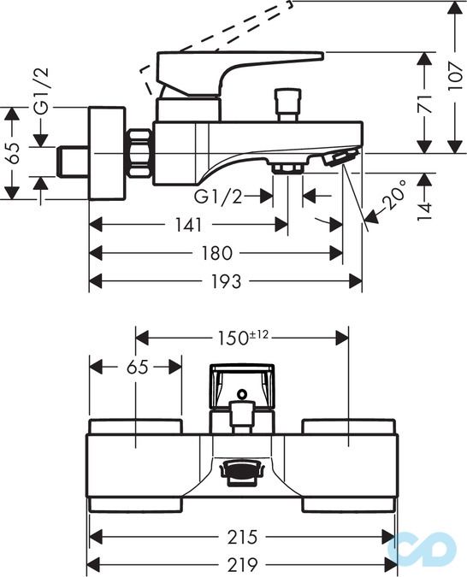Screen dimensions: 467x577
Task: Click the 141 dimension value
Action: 188,225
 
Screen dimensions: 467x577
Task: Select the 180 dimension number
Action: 216,253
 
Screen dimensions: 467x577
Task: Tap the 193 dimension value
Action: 226,281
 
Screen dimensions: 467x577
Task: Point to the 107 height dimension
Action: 456,76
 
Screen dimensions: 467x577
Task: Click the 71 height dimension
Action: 425,103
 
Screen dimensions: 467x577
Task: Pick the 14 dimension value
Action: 424,211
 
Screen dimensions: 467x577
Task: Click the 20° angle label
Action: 393,194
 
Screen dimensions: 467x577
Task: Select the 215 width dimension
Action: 242,537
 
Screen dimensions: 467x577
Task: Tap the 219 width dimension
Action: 242,563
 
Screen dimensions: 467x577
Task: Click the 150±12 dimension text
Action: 243,338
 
